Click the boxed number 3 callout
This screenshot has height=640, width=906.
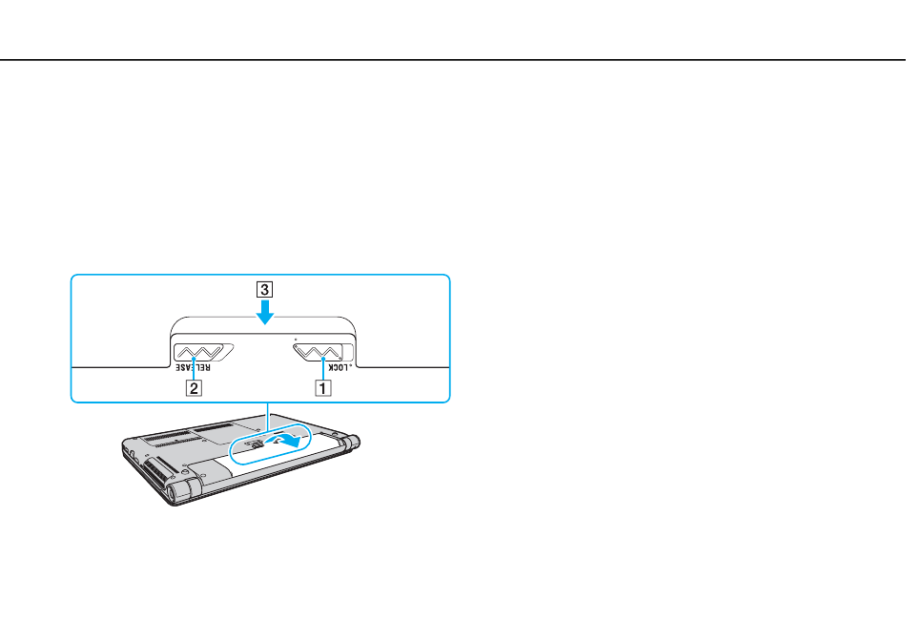pyautogui.click(x=264, y=289)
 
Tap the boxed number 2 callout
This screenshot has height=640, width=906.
pyautogui.click(x=194, y=387)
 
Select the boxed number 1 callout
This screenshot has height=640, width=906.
pyautogui.click(x=323, y=387)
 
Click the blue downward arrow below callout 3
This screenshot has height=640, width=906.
pyautogui.click(x=264, y=311)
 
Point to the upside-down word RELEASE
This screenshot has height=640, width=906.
pyautogui.click(x=194, y=368)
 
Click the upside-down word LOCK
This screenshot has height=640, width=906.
pyautogui.click(x=340, y=368)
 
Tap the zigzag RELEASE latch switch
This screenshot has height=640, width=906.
pyautogui.click(x=203, y=352)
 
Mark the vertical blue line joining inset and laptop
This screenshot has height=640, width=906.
pyautogui.click(x=268, y=415)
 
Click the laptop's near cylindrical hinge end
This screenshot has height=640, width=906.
pyautogui.click(x=179, y=492)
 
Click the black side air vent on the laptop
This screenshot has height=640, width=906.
pyautogui.click(x=157, y=467)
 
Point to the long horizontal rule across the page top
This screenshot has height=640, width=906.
pyautogui.click(x=453, y=59)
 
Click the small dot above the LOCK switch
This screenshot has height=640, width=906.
pyautogui.click(x=296, y=339)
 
